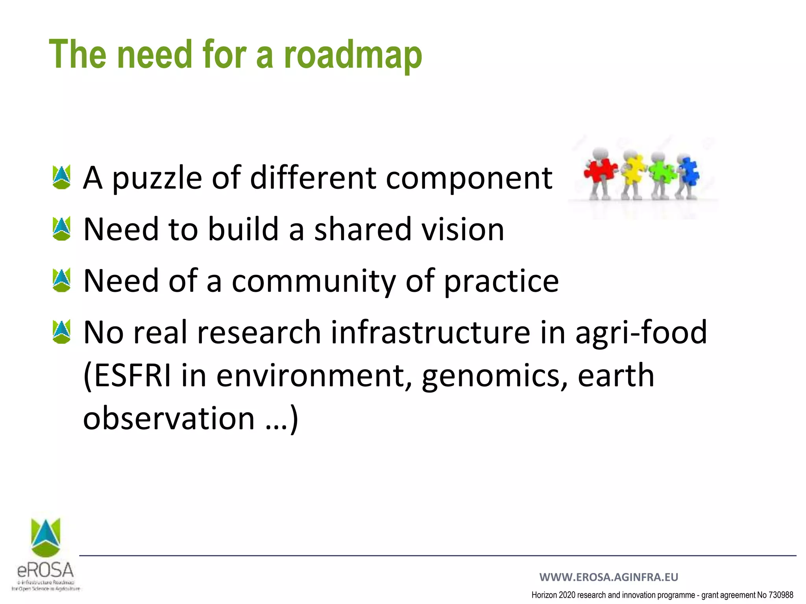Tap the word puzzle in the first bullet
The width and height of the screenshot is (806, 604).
click(x=157, y=178)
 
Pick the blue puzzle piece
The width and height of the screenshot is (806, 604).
click(x=690, y=171)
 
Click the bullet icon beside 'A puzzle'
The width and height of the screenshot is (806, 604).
click(x=61, y=177)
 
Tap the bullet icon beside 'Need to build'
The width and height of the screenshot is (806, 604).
click(x=61, y=229)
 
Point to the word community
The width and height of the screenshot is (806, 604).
click(x=314, y=281)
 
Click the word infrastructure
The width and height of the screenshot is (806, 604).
click(x=430, y=332)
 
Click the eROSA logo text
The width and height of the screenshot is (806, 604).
click(x=46, y=570)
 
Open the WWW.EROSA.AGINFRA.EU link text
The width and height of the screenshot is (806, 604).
click(x=608, y=577)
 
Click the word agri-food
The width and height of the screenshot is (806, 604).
click(x=641, y=332)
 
